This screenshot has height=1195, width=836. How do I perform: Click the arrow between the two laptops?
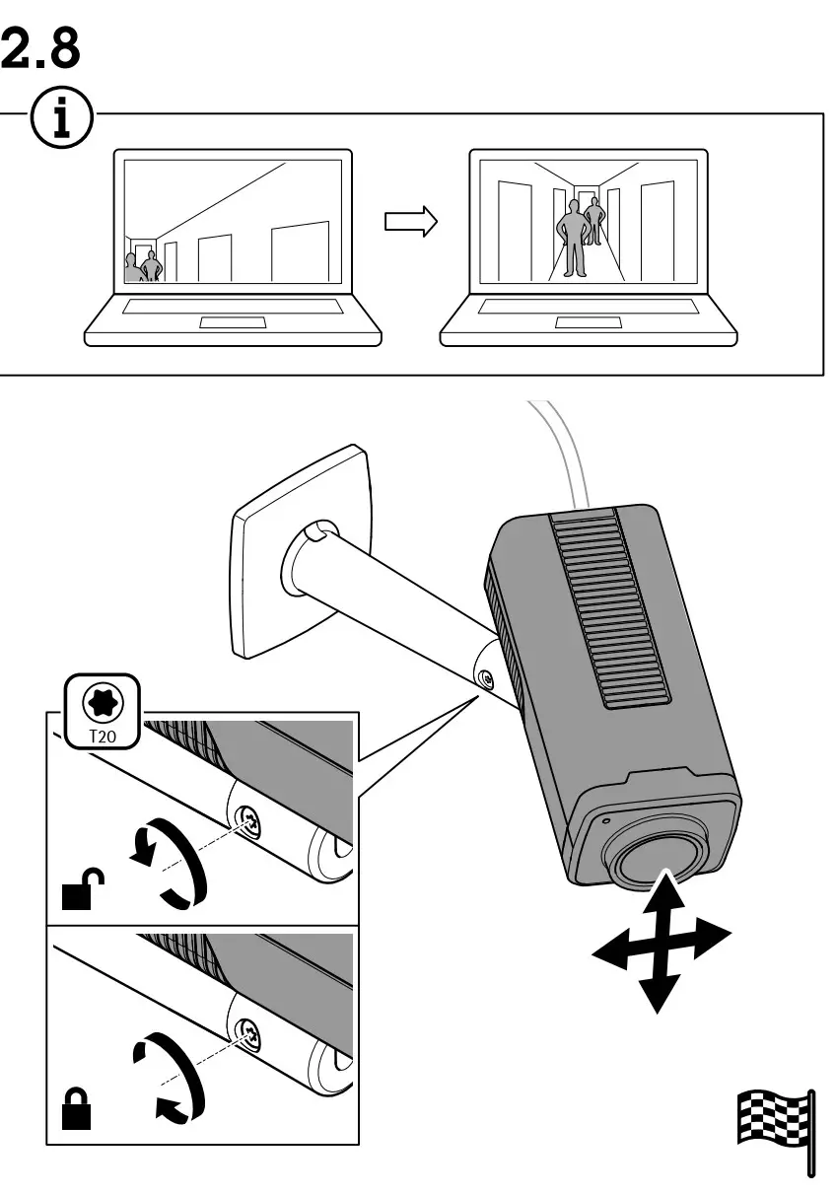click(x=409, y=221)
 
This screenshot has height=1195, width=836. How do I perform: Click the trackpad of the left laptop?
click(x=233, y=322)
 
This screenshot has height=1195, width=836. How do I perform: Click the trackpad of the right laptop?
click(x=588, y=322)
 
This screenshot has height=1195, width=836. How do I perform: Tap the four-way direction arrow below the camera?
click(x=662, y=941)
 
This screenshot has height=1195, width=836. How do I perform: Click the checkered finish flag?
click(x=775, y=1121)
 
